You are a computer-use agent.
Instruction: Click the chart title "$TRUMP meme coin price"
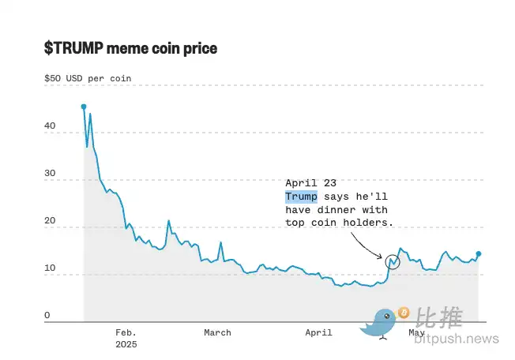pyautogui.click(x=130, y=49)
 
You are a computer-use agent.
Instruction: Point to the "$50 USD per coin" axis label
pyautogui.click(x=88, y=79)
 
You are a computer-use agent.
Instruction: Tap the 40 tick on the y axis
pyautogui.click(x=50, y=126)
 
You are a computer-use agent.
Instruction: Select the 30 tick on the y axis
pyautogui.click(x=50, y=173)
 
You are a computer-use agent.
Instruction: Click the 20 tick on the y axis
pyautogui.click(x=50, y=221)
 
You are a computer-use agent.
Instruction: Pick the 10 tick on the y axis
pyautogui.click(x=50, y=268)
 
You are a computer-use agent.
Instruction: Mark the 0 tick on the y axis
pyautogui.click(x=47, y=316)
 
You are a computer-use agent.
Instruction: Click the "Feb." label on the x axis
pyautogui.click(x=126, y=332)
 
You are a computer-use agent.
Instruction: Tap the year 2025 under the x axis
pyautogui.click(x=126, y=344)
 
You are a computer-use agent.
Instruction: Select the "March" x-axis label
pyautogui.click(x=217, y=332)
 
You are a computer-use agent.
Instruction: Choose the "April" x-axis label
pyautogui.click(x=318, y=332)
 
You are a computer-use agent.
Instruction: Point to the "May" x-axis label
pyautogui.click(x=416, y=332)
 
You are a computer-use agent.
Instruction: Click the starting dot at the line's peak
pyautogui.click(x=84, y=106)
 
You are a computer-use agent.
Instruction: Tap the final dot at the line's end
pyautogui.click(x=479, y=254)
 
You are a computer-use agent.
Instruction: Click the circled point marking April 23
pyautogui.click(x=393, y=260)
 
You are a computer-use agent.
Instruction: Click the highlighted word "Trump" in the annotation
pyautogui.click(x=301, y=196)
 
